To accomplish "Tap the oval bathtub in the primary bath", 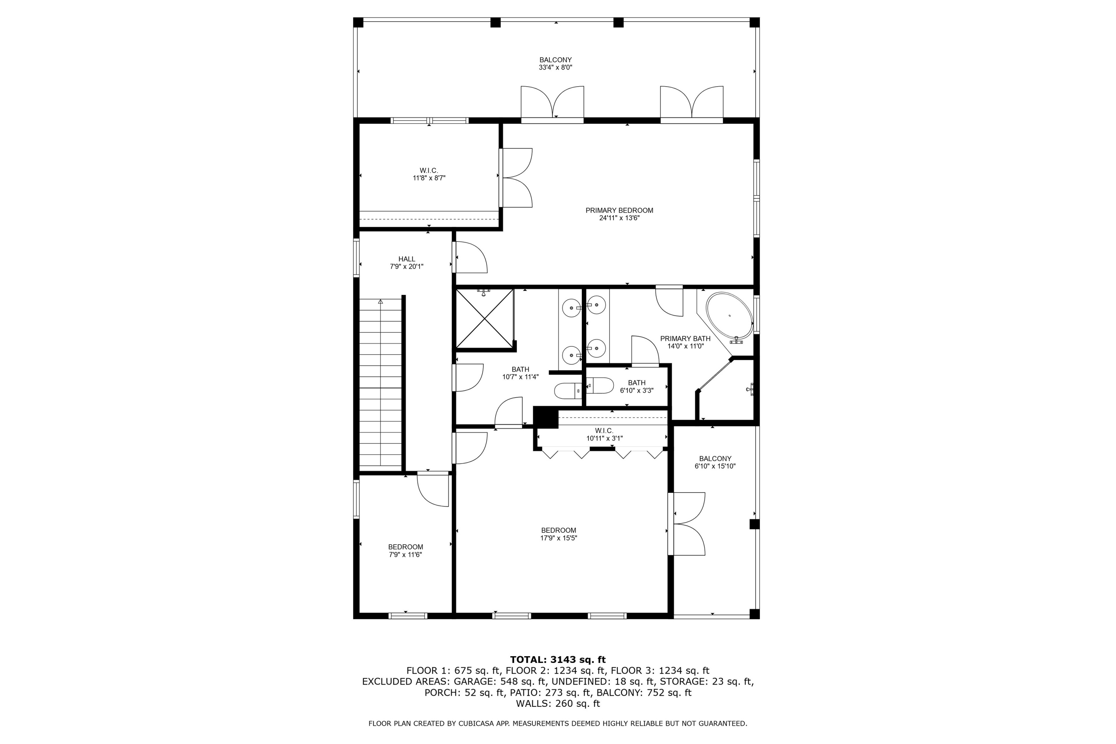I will pyautogui.click(x=729, y=315).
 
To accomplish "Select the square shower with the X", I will pyautogui.click(x=484, y=318).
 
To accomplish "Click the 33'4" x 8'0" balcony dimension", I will pyautogui.click(x=555, y=67).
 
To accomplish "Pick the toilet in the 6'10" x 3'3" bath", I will pyautogui.click(x=599, y=385).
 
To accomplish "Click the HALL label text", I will pyautogui.click(x=407, y=259).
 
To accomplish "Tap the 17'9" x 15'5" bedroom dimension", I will pyautogui.click(x=558, y=538).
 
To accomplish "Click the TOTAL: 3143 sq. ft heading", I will pyautogui.click(x=558, y=660).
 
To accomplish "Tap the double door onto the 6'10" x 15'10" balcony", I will pyautogui.click(x=687, y=524).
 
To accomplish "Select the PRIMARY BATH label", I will pyautogui.click(x=685, y=338).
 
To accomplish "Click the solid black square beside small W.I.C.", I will pyautogui.click(x=546, y=417).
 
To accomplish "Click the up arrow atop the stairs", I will pyautogui.click(x=381, y=301).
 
